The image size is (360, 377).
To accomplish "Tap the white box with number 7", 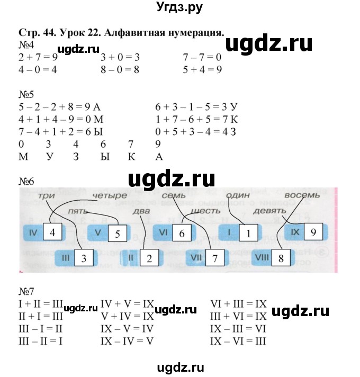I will (x=214, y=259).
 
